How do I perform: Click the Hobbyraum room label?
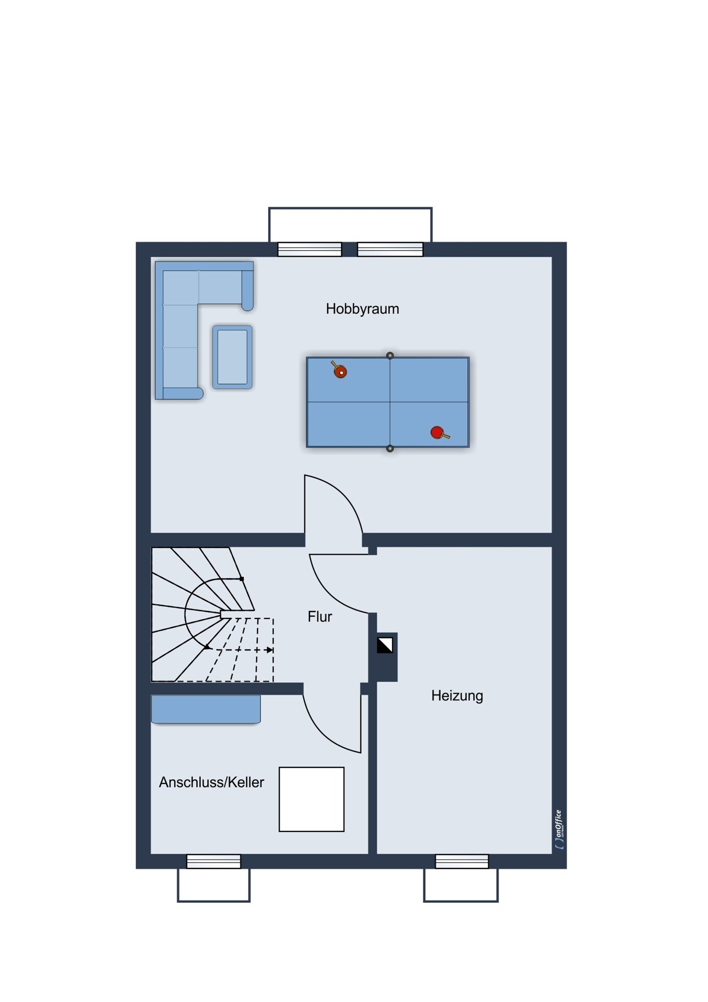click(x=362, y=309)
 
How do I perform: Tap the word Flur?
click(x=320, y=617)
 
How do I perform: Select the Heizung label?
click(x=457, y=696)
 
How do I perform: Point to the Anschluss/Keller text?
click(x=211, y=782)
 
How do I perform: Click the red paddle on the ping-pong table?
click(x=439, y=433)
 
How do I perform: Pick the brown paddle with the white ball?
click(x=339, y=369)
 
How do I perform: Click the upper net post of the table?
click(x=390, y=355)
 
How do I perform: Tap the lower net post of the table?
click(x=390, y=449)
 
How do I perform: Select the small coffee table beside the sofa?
click(x=232, y=357)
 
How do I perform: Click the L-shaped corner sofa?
click(x=177, y=292)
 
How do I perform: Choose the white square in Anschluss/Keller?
click(x=311, y=799)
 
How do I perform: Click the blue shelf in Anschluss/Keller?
click(x=206, y=709)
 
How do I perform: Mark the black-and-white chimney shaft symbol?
click(x=385, y=645)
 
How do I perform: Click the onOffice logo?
click(x=559, y=829)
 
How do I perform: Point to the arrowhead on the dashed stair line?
click(x=269, y=650)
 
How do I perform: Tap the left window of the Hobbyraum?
click(x=309, y=249)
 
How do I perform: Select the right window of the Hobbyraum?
click(x=390, y=249)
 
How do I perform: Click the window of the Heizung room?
click(x=462, y=861)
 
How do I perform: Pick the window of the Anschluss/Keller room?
click(x=213, y=861)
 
